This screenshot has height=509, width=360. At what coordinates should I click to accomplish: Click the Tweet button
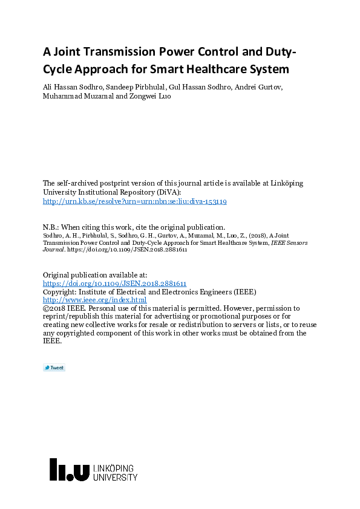tap(54, 368)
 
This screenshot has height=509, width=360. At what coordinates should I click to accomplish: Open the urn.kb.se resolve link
tap(135, 201)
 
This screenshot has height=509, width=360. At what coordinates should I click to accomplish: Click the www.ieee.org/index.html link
tap(94, 300)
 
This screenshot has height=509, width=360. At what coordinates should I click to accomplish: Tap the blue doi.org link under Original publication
tap(114, 283)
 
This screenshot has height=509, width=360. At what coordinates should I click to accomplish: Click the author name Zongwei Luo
tap(149, 96)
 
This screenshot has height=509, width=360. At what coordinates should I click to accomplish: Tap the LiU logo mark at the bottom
tap(69, 470)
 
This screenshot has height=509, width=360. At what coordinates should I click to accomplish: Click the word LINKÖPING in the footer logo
tap(114, 468)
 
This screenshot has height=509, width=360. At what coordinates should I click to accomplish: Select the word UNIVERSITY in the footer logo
tap(115, 478)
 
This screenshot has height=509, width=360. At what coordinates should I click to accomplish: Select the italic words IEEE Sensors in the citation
tap(288, 242)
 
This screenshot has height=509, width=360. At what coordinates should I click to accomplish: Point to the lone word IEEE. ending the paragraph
tap(52, 341)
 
